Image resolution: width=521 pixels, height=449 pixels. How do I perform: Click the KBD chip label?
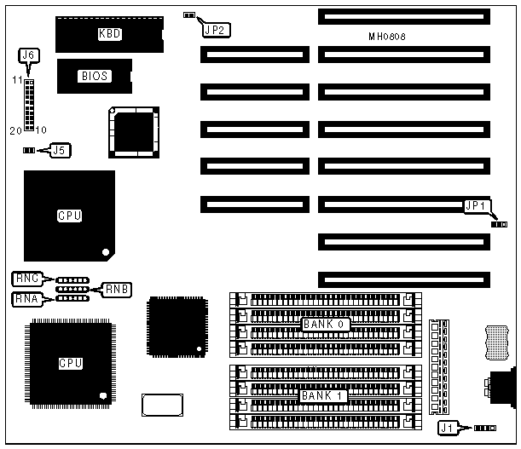point(109,34)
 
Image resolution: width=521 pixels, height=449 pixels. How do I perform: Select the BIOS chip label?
point(94,76)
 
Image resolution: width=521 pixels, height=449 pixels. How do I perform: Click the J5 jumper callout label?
point(59,150)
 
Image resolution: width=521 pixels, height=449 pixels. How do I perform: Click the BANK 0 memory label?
point(323,325)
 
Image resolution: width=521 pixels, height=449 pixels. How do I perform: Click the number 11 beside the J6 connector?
point(16,79)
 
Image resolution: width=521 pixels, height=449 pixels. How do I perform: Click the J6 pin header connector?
point(30,103)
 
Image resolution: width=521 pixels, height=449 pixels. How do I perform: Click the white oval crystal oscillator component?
point(162,405)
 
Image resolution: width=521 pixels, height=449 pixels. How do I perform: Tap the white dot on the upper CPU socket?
point(105,251)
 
